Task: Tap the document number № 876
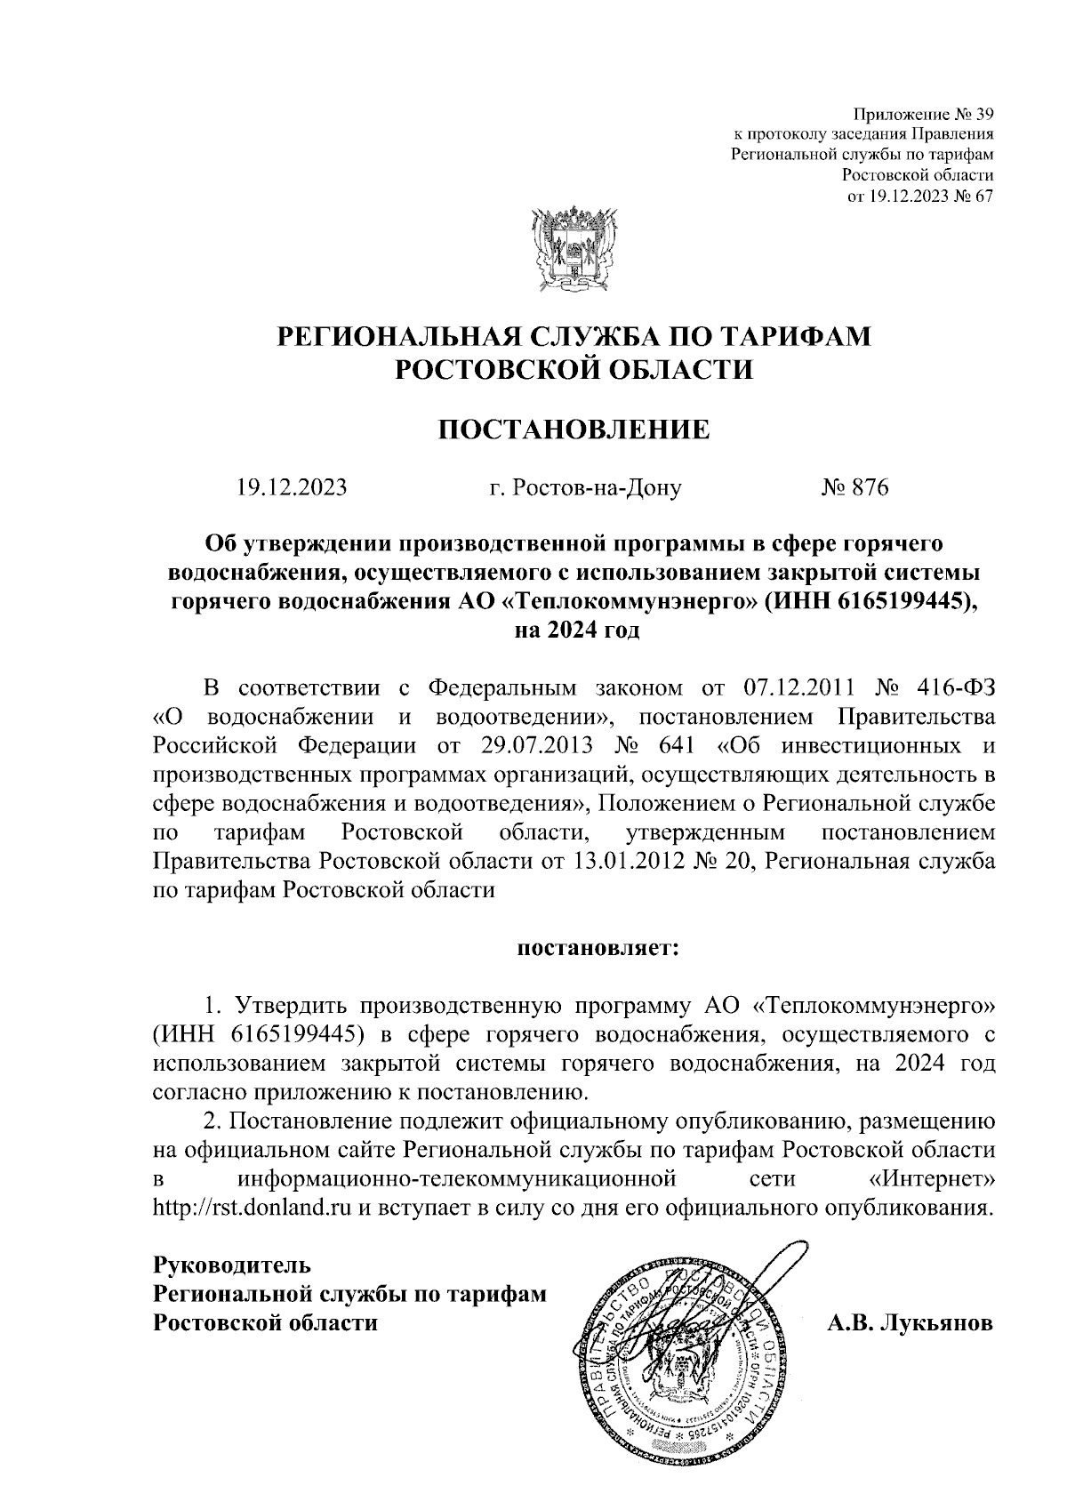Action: [x=854, y=487]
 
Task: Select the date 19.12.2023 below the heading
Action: [x=291, y=487]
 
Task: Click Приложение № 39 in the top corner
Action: [x=922, y=114]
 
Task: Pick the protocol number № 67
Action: [x=973, y=196]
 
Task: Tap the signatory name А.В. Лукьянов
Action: [x=910, y=1322]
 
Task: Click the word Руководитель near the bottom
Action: [x=230, y=1265]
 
